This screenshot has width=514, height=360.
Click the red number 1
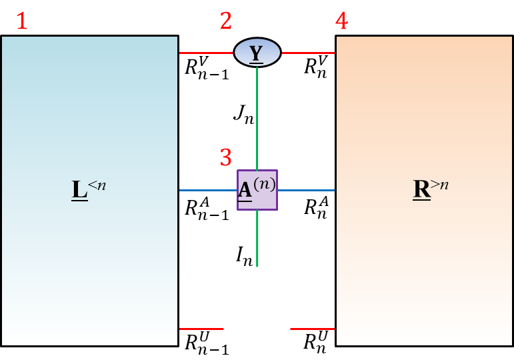[x=22, y=21]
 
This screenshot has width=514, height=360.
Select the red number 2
[x=226, y=21]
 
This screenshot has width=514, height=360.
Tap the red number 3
[x=226, y=158]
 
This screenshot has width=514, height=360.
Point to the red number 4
[x=341, y=21]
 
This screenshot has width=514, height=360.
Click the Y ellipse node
[x=257, y=52]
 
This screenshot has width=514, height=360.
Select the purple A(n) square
[x=257, y=190]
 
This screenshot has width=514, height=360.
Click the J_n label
[x=243, y=115]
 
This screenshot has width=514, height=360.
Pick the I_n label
[x=243, y=255]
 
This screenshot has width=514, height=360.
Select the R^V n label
[x=315, y=67]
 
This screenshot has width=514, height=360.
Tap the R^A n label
[x=315, y=207]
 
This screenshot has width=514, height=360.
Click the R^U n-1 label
[x=207, y=344]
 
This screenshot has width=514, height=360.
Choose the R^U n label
[x=315, y=343]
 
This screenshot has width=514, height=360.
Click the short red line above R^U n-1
[x=201, y=329]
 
